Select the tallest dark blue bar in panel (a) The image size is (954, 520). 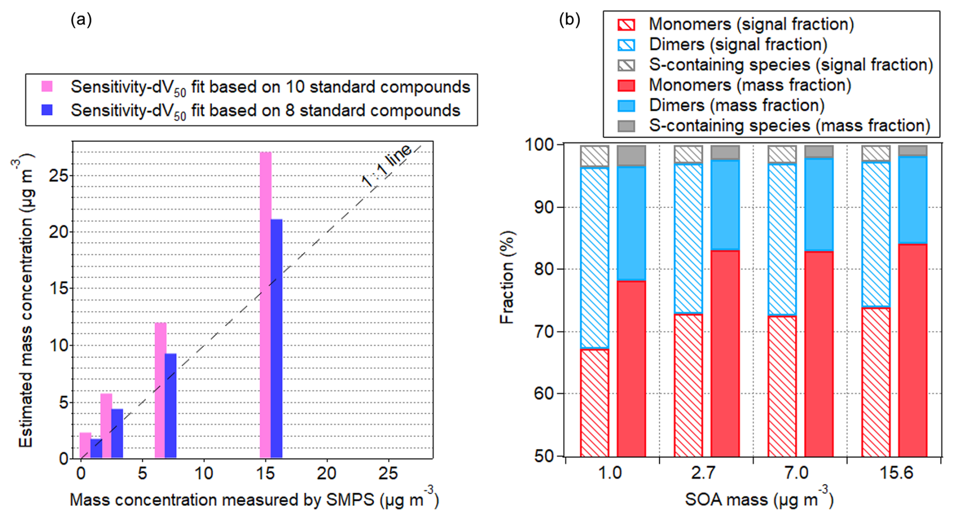[x=276, y=338]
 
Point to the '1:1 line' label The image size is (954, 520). [x=387, y=167]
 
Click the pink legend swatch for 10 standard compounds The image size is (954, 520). [x=47, y=86]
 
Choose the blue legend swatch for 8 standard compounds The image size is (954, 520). [x=47, y=110]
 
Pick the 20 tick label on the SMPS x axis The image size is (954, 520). [x=327, y=474]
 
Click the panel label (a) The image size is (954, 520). [x=81, y=20]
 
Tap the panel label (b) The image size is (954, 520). [x=569, y=20]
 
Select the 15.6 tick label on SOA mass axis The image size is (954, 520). [x=896, y=473]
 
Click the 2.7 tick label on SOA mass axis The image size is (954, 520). [x=703, y=473]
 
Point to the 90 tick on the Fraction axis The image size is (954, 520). [x=545, y=207]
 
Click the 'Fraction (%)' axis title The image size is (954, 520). [x=507, y=277]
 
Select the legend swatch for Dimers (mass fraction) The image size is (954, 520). [x=626, y=106]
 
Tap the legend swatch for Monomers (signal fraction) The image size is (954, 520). [x=626, y=24]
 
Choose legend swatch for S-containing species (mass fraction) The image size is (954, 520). [x=626, y=126]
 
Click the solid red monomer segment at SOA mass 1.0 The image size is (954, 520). [x=631, y=369]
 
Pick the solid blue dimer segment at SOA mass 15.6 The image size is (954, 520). [x=913, y=200]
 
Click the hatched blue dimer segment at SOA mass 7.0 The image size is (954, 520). [x=782, y=239]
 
